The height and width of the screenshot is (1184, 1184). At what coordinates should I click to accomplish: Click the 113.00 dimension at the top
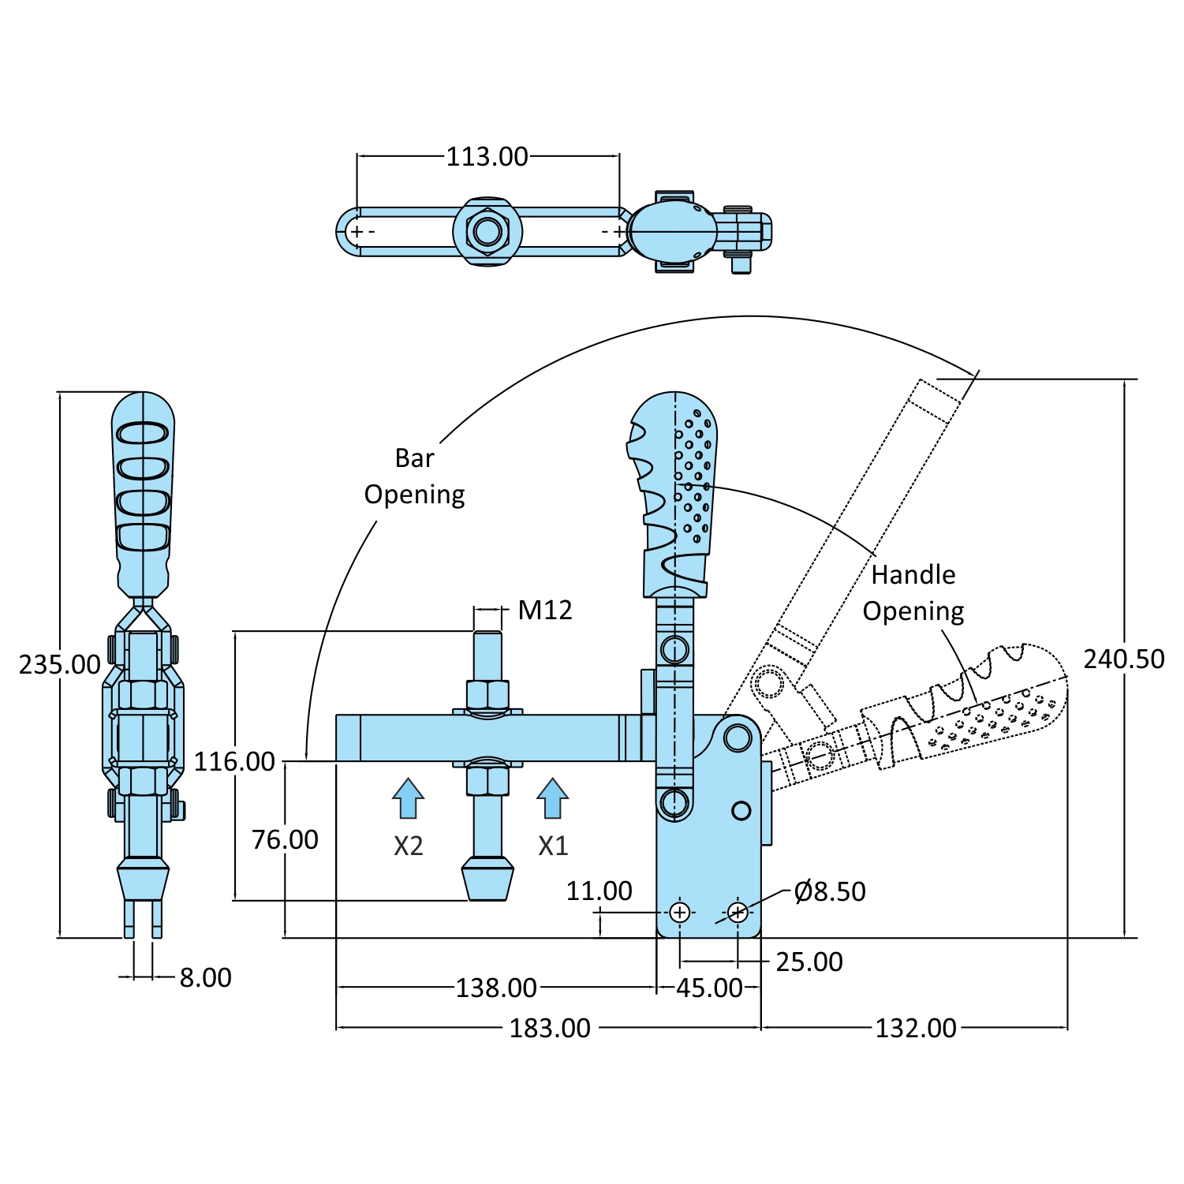pos(487,156)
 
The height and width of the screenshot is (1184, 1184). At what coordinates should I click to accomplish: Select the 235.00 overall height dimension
pos(59,665)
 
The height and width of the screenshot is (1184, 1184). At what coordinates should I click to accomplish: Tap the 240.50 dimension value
pos(1123,659)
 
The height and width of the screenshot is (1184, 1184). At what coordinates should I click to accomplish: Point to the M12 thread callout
pos(545,610)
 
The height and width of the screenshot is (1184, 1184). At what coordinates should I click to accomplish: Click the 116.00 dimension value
pos(234,762)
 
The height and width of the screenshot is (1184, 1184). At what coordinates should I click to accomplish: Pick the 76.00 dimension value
pos(285,840)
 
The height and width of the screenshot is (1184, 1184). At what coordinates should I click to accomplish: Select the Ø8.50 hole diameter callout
pos(830,891)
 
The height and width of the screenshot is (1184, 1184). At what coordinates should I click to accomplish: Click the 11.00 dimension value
pos(599,891)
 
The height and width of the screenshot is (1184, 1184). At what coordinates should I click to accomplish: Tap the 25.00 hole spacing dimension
pos(809,962)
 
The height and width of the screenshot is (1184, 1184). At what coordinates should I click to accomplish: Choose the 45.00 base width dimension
pos(709,988)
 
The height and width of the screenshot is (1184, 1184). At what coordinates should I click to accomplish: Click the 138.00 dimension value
pos(496,988)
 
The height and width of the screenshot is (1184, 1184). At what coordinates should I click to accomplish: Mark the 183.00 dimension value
pos(550,1029)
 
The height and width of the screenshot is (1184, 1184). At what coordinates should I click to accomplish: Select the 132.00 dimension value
pos(915,1029)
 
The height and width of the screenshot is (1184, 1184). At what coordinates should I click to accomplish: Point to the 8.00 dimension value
pos(205,978)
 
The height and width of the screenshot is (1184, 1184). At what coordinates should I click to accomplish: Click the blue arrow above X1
pos(552,798)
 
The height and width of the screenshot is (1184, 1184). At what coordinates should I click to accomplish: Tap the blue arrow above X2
pos(408,798)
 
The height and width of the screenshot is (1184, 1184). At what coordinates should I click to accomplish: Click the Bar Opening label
pos(414,476)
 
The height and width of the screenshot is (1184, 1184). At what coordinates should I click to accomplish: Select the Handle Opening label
pos(913,592)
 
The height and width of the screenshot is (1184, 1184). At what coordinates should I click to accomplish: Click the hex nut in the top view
pos(487,232)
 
